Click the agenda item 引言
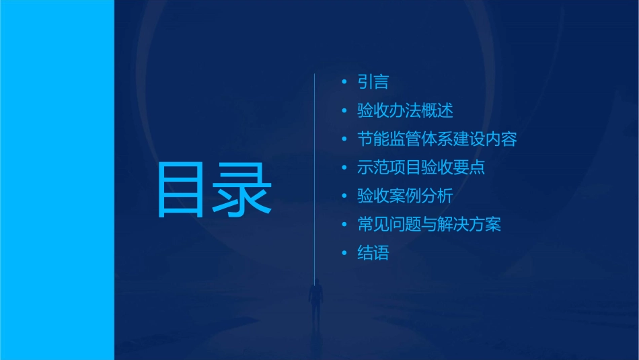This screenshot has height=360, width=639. point(373,83)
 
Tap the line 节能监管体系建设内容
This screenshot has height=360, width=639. point(437,140)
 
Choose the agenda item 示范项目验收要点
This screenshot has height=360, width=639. point(421,168)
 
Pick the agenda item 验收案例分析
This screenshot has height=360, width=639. point(405,196)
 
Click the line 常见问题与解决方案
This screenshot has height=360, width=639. point(429,225)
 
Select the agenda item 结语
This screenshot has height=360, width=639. point(373,254)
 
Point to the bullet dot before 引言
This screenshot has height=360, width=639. point(344,83)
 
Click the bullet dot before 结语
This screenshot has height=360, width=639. point(344,254)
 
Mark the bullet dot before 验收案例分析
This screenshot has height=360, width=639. point(344,196)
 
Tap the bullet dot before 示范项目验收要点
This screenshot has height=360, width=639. point(344,168)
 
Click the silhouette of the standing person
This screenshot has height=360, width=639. point(315,300)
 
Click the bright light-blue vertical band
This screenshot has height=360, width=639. point(57,180)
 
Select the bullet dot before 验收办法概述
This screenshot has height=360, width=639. point(344,111)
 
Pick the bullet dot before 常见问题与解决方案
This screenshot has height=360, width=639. point(344,225)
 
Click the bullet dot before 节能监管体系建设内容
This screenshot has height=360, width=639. point(344,140)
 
